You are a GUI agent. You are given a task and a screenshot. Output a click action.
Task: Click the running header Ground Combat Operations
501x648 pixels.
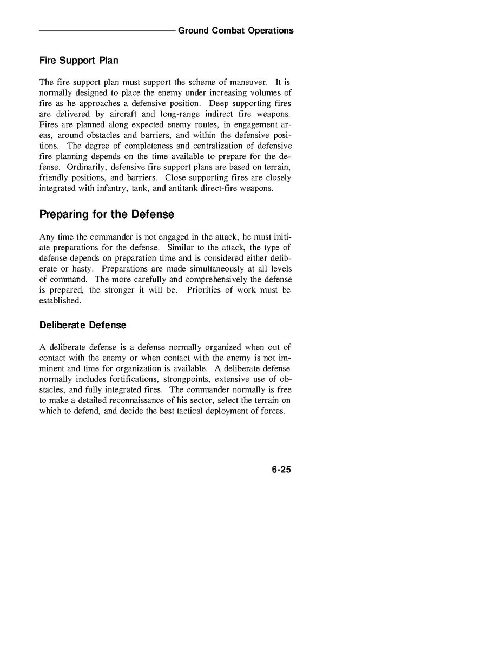pos(235,30)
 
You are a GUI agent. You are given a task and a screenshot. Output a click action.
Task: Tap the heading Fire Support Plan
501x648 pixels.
pos(78,61)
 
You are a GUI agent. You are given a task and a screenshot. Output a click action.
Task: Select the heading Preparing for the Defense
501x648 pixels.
pos(107,214)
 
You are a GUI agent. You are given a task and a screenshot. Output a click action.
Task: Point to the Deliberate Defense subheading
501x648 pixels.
pos(83,325)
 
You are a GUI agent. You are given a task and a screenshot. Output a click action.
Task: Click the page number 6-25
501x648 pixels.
pos(281,470)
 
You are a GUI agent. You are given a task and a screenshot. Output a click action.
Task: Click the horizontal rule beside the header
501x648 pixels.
pos(107,30)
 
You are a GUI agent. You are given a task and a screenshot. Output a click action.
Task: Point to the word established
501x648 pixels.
pos(60,301)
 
